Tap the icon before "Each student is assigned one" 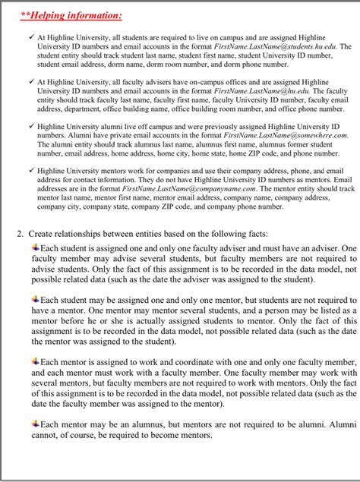point(35,247)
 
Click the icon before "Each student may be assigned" point(35,298)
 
